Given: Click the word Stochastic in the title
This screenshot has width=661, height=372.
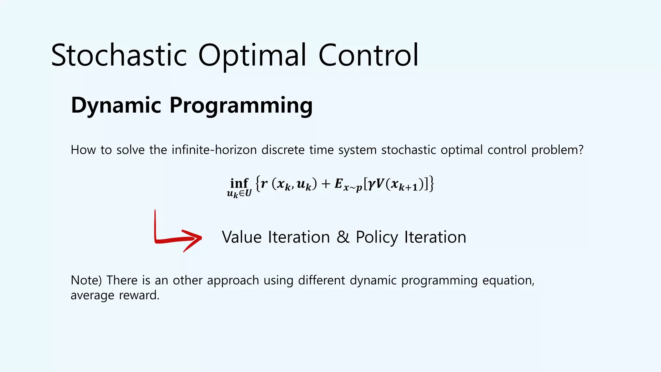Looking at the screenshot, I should (119, 56).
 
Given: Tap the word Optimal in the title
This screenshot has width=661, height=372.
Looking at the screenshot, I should (252, 56).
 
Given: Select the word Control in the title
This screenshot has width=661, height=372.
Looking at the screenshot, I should (368, 56).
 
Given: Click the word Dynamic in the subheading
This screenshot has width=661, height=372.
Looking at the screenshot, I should (116, 105).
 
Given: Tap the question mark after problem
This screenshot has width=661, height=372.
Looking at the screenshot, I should (581, 150).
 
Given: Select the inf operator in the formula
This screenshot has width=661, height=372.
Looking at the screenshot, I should (239, 183).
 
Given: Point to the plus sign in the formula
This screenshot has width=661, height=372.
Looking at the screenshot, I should (326, 184).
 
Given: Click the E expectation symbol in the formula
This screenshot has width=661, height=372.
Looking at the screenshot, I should (338, 183).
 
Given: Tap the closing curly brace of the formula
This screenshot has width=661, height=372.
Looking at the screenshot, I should (432, 184).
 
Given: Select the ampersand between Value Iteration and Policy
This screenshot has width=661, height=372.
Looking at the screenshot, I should (343, 237).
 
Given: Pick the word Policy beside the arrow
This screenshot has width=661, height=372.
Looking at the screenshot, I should (377, 238).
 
